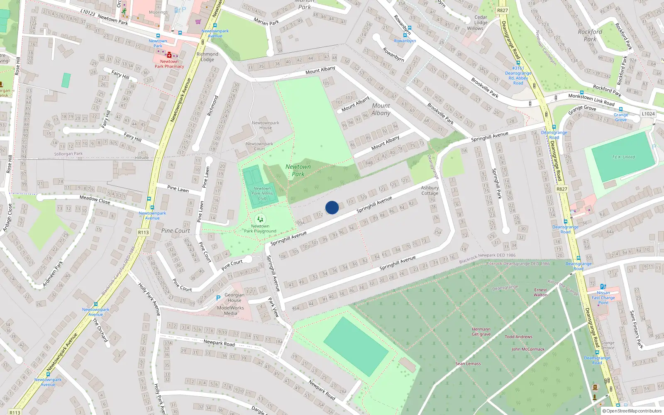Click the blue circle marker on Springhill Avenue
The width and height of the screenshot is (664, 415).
point(332,207)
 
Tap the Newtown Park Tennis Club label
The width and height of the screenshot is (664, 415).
point(262,193)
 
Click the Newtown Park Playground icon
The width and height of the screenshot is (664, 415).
point(260,219)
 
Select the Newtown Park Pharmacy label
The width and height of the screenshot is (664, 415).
point(169,64)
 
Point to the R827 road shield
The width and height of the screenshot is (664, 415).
point(502,10)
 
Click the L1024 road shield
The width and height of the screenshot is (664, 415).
point(648,114)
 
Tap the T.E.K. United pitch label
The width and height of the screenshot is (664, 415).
point(623,157)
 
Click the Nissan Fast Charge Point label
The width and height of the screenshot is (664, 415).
point(603,298)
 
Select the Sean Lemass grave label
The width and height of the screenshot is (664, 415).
point(468,364)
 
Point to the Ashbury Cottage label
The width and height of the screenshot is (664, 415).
point(430,190)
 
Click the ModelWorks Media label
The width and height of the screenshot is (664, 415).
point(230,310)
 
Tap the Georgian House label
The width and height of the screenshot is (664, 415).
point(234,298)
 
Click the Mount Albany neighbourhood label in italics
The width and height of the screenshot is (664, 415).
point(381,109)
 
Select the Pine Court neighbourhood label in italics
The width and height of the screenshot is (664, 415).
point(176,231)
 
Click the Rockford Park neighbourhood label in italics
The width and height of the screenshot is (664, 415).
point(590,35)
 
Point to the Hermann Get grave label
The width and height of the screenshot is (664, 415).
point(481,332)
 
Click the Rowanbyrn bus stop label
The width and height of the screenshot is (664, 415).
point(405,41)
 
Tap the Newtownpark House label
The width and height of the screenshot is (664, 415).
point(266,125)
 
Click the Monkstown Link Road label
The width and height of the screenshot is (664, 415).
point(591,100)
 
